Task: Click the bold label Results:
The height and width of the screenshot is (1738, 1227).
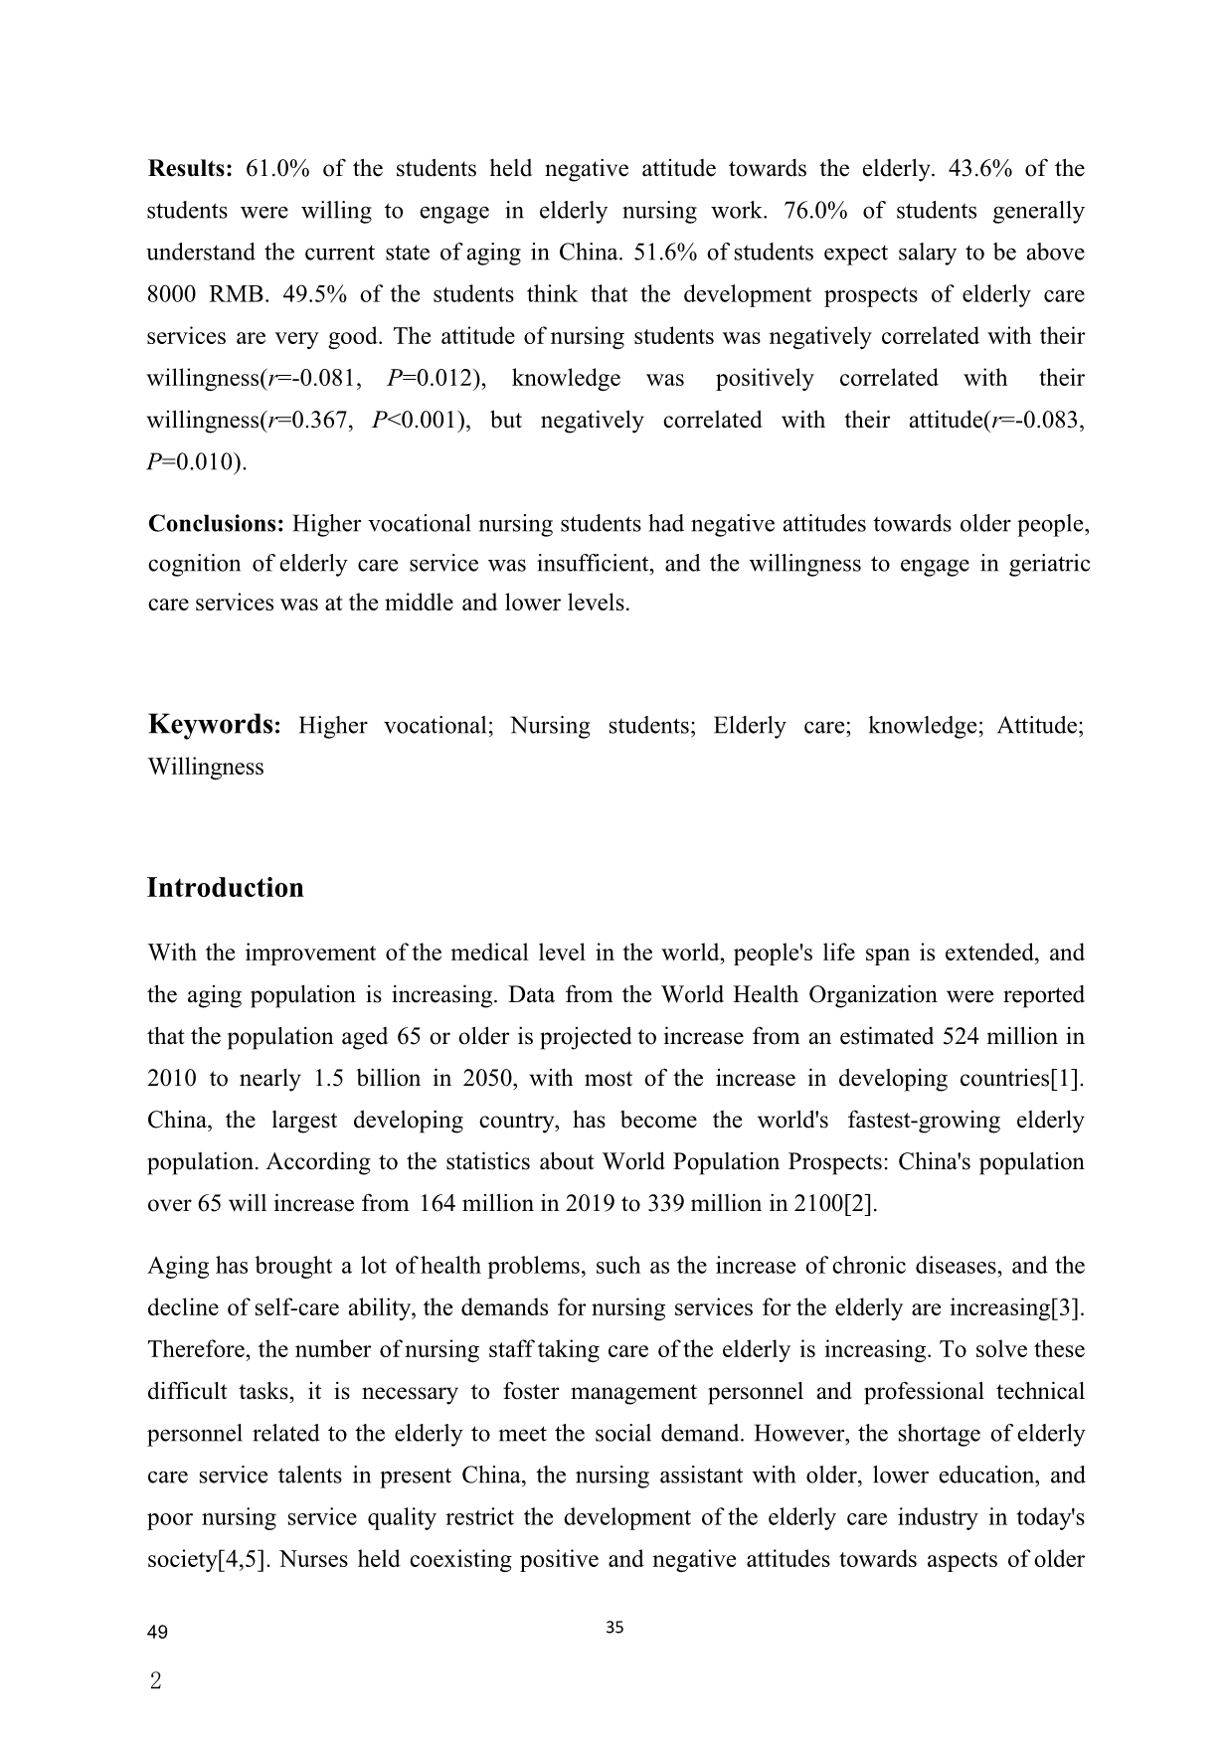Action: coord(190,168)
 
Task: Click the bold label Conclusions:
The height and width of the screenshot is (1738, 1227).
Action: coord(217,523)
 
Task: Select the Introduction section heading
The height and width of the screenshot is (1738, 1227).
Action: coord(226,887)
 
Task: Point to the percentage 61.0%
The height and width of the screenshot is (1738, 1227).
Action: coord(277,168)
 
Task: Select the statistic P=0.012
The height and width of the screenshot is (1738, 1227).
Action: coord(433,378)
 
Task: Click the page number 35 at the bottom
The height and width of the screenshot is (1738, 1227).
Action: coord(614,1628)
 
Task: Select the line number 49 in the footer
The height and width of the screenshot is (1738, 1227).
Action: coord(157,1633)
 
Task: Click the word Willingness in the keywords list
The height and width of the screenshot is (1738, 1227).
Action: coord(206,767)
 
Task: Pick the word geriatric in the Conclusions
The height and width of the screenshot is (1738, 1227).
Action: coord(1050,564)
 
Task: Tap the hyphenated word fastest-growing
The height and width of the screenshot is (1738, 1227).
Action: coord(924,1120)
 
